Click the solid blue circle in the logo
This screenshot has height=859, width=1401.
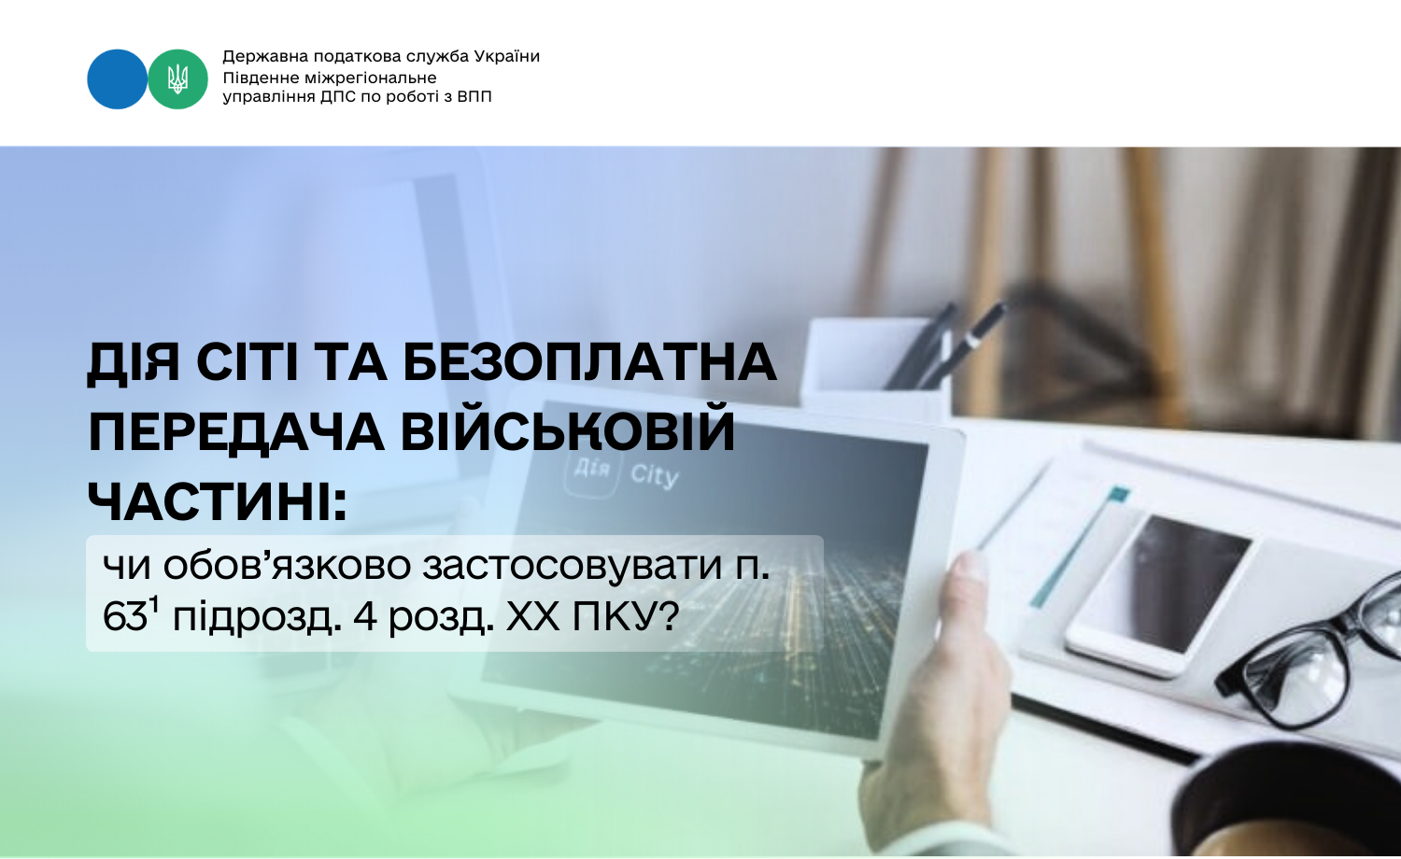[x=117, y=79]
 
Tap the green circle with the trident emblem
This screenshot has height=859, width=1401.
[x=177, y=79]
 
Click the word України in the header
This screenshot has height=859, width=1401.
[x=506, y=56]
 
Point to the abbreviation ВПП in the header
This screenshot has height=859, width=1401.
[x=474, y=97]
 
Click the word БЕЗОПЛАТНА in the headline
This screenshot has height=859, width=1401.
[x=590, y=362]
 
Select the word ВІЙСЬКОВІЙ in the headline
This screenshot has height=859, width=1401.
[x=568, y=432]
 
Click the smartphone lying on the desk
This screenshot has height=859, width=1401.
[x=1158, y=593]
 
